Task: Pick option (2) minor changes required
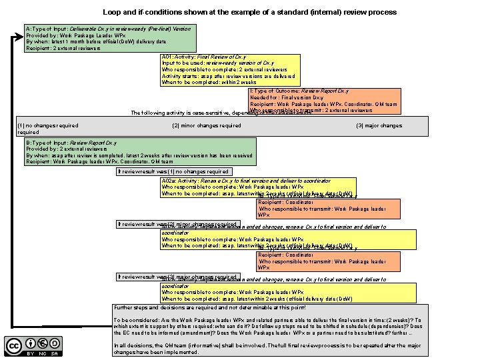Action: click(x=207, y=125)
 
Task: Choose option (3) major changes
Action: click(x=379, y=125)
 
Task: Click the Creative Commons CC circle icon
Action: click(x=14, y=345)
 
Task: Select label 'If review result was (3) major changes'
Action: click(x=177, y=277)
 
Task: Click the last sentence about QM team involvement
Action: click(x=267, y=348)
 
